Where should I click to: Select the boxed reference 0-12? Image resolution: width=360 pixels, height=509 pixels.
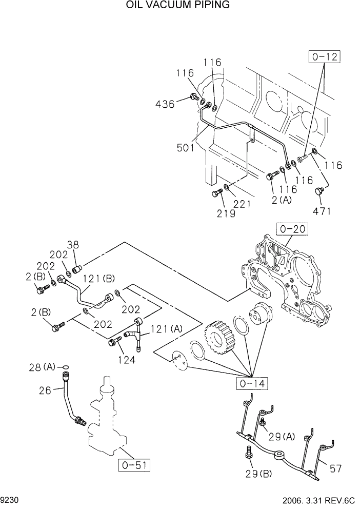click(324, 56)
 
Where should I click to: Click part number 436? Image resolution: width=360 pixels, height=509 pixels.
click(165, 104)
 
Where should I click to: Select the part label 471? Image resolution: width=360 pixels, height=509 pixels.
click(322, 210)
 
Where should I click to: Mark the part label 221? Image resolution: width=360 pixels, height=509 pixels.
click(242, 204)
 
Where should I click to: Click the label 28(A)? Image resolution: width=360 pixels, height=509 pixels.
click(42, 367)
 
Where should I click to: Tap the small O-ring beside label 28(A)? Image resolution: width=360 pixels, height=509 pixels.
click(65, 367)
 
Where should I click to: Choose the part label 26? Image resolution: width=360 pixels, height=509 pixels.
click(45, 390)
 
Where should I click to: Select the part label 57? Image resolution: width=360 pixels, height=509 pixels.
click(335, 467)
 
